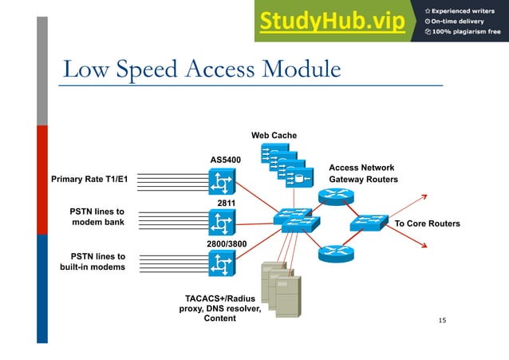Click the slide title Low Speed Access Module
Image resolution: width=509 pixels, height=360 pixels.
202,69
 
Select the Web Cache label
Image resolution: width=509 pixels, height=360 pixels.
274,135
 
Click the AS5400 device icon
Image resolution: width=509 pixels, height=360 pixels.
220,184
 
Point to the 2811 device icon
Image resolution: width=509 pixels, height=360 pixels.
220,222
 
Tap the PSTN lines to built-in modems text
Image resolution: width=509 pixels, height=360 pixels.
93,262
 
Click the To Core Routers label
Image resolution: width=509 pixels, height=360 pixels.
427,224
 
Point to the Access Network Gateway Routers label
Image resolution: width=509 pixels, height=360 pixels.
363,174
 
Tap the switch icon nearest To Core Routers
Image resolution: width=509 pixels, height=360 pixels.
369,223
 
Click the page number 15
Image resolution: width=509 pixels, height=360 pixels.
443,320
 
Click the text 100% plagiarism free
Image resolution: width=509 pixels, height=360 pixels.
467,32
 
